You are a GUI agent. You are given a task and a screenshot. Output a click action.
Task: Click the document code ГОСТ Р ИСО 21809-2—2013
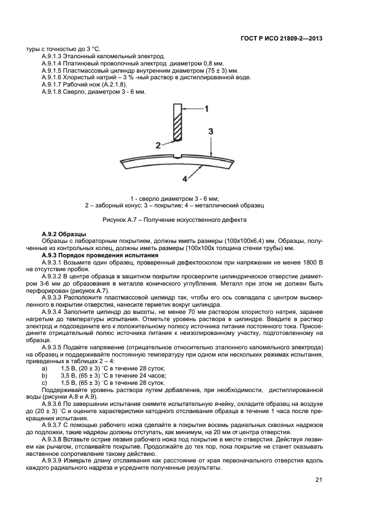point(282,38)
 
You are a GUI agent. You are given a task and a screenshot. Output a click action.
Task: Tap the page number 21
point(318,480)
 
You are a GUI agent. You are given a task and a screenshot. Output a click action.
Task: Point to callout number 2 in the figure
point(158,145)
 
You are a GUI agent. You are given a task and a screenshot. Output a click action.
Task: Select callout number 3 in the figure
point(211,131)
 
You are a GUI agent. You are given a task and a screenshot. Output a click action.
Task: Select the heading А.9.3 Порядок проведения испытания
point(100,255)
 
